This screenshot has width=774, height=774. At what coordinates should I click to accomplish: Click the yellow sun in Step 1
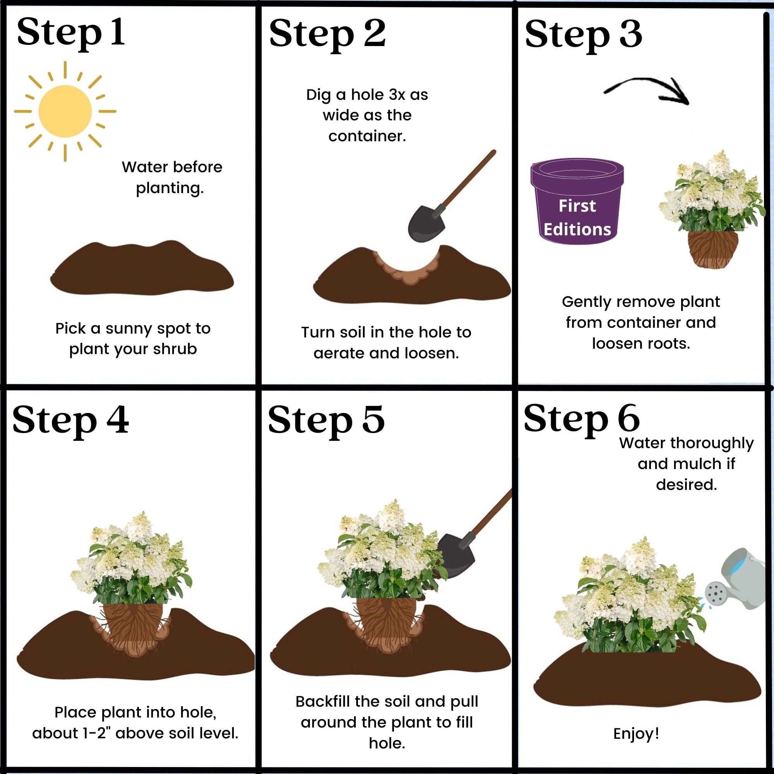[x=65, y=111]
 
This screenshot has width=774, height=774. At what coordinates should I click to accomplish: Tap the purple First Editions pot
[x=577, y=202]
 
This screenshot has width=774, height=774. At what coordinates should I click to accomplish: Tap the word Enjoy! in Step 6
[x=636, y=733]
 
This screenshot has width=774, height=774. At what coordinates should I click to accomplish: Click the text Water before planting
[x=171, y=177]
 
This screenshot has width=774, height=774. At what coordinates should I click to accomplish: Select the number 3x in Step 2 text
[x=397, y=95]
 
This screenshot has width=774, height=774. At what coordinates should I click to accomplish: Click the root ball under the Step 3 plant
[x=713, y=249]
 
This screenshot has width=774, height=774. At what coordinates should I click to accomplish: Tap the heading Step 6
[x=581, y=419]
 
